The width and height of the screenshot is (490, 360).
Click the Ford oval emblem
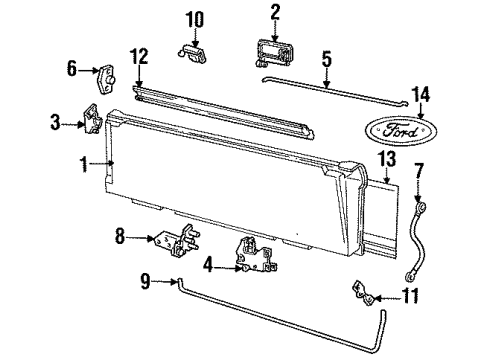(x=401, y=131)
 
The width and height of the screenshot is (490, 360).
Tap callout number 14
(x=421, y=94)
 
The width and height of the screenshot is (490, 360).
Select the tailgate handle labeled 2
(x=276, y=53)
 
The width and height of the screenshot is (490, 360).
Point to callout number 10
(x=195, y=20)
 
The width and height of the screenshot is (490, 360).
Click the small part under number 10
(x=192, y=53)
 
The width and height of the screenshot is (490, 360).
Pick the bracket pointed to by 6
(x=106, y=80)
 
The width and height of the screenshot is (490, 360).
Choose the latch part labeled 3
(x=92, y=119)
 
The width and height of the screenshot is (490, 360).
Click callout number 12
(x=139, y=57)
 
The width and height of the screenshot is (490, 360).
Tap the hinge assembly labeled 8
(x=178, y=241)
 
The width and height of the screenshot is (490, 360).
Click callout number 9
(x=145, y=281)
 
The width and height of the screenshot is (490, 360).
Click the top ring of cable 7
(x=421, y=209)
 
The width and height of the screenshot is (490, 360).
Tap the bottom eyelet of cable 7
(x=409, y=276)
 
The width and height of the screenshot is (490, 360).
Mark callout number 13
(x=387, y=159)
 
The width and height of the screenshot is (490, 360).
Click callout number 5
(x=327, y=58)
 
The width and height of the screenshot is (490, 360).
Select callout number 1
(x=84, y=164)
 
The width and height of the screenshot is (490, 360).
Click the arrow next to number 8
(x=140, y=238)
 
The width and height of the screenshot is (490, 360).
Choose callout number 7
(x=419, y=171)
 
